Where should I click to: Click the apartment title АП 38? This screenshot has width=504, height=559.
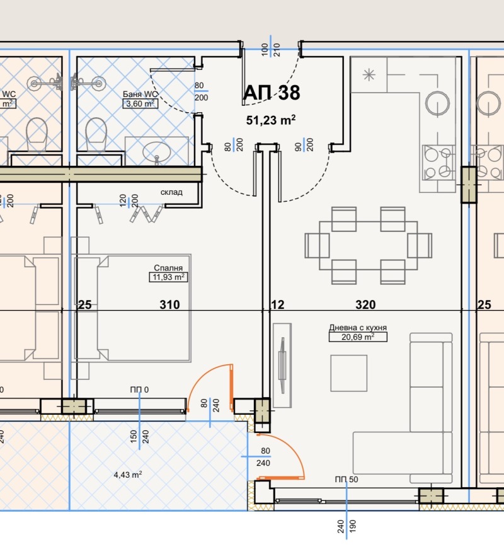[x=272, y=93]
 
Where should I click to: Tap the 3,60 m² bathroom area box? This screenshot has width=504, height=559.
[x=140, y=104]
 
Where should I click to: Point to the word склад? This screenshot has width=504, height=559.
[x=171, y=192]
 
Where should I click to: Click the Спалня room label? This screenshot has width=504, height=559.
[x=165, y=267]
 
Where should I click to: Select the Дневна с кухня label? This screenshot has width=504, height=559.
[x=357, y=328]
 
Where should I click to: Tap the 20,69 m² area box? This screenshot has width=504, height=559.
[x=358, y=337]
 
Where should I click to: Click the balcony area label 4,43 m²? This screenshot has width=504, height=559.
[x=127, y=475]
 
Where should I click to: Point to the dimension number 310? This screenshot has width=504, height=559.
[x=169, y=305]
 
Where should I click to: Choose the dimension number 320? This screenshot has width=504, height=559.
[x=365, y=305]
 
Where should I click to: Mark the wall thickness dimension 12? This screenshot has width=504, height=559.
[x=278, y=305]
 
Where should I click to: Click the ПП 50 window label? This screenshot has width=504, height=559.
[x=346, y=480]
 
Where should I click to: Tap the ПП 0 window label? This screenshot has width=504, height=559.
[x=139, y=390]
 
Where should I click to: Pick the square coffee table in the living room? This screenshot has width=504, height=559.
[x=348, y=372]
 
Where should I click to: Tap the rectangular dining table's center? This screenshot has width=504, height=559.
[x=369, y=245]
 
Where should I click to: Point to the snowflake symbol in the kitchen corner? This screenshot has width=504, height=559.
[x=369, y=76]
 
